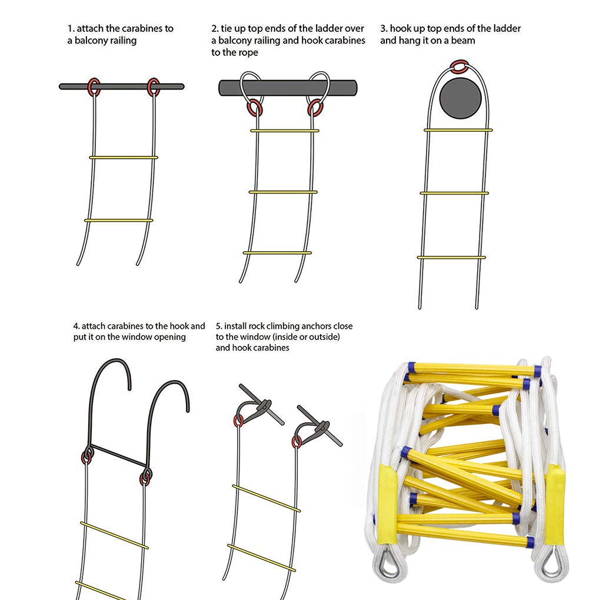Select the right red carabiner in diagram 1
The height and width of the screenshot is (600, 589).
tap(154, 86)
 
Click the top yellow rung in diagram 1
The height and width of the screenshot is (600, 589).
tap(124, 157)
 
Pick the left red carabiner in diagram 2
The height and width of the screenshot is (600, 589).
tap(255, 108)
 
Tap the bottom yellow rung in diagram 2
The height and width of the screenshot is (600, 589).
tap(277, 253)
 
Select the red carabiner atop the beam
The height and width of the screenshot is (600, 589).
tap(458, 66)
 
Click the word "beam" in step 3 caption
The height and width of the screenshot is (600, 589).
tap(464, 41)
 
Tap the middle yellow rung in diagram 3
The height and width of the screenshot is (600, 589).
tap(454, 193)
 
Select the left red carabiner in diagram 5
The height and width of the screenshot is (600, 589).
tap(238, 420)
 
